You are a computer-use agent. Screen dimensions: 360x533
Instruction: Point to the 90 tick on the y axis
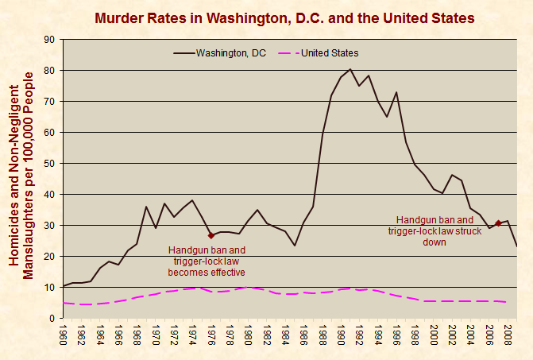point(49,40)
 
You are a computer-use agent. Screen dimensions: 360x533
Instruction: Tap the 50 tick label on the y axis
point(49,164)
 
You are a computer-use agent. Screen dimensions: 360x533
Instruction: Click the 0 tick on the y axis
point(52,319)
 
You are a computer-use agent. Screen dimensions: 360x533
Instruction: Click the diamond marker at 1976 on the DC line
point(211,236)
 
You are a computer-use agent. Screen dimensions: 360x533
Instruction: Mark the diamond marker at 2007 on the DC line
point(498,223)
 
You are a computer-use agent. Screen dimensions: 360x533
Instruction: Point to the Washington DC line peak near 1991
point(350,69)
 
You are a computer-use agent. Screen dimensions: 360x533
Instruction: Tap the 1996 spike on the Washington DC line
point(396,92)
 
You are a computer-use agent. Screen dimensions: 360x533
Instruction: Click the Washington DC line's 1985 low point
point(295,246)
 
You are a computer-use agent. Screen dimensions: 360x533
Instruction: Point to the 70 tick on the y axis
point(49,102)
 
